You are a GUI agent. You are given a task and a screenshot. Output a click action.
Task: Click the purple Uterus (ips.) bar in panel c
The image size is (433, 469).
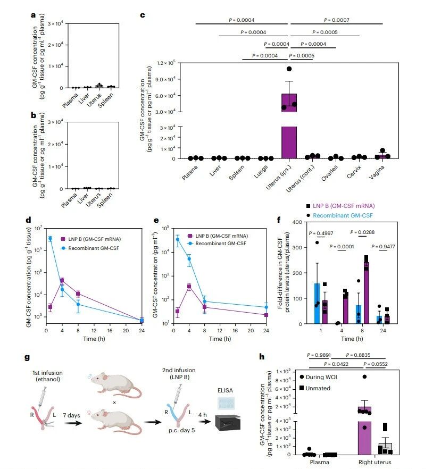tap(289, 133)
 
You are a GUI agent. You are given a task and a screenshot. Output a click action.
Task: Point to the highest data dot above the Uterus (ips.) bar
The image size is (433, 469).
tap(289, 69)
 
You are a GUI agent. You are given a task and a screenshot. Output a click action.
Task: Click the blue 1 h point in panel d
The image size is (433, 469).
tap(50, 239)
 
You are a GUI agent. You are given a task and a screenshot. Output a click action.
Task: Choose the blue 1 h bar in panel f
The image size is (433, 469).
tap(317, 303)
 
